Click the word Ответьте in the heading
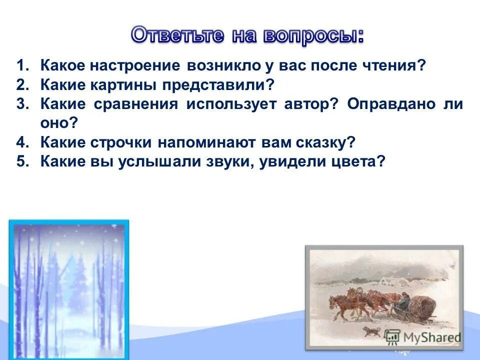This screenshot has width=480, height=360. tap(178, 35)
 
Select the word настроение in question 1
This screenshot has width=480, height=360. tap(135, 65)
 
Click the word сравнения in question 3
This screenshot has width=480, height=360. tap(136, 104)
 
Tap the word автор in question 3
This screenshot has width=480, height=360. tap(307, 104)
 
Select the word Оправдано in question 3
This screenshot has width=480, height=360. tap(391, 104)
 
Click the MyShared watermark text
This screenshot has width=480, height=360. tap(432, 337)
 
